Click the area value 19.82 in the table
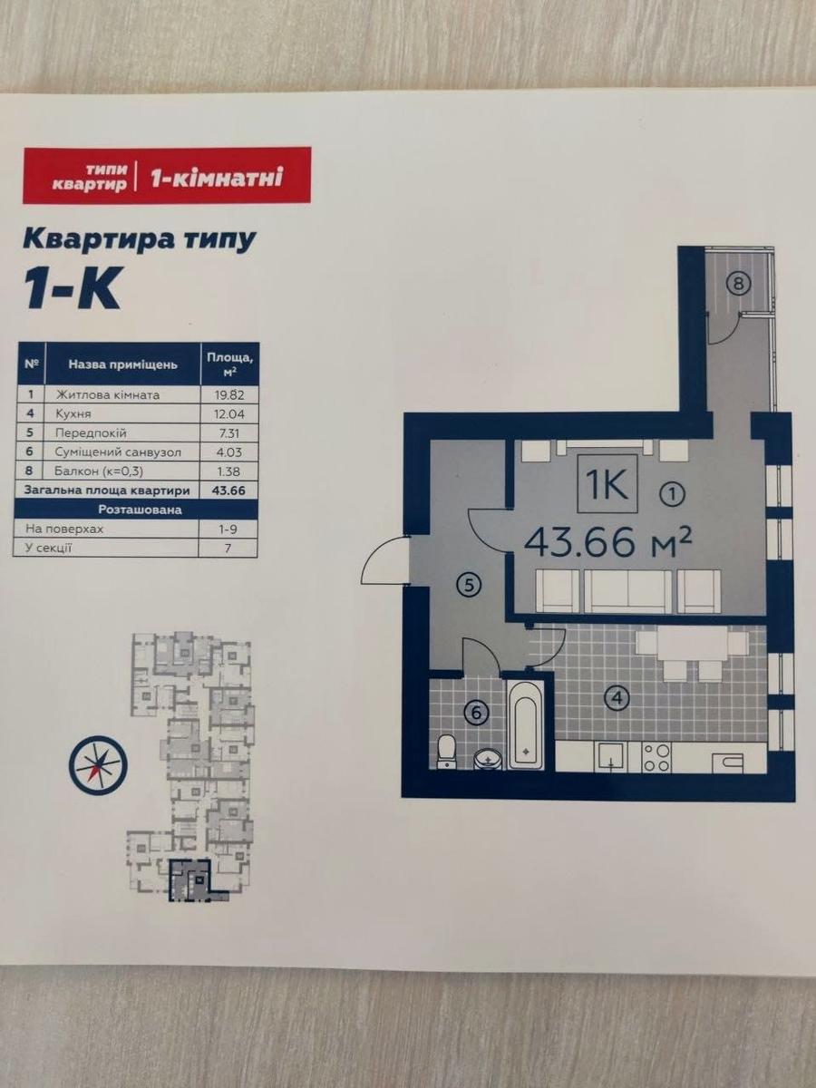pos(228,394)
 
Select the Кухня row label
pos(73,413)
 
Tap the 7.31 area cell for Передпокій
pos(228,432)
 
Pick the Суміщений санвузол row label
pos(118,452)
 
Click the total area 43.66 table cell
pos(228,491)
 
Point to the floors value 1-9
pos(228,529)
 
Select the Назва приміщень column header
pos(122,364)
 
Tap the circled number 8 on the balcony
pos(739,284)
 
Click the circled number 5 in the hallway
pos(470,586)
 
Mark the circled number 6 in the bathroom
pos(476,714)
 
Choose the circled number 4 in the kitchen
pos(617,698)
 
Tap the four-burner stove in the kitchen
pos(656,757)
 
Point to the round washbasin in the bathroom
pos(488,760)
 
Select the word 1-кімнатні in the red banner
pos(217,177)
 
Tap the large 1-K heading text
pos(73,289)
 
